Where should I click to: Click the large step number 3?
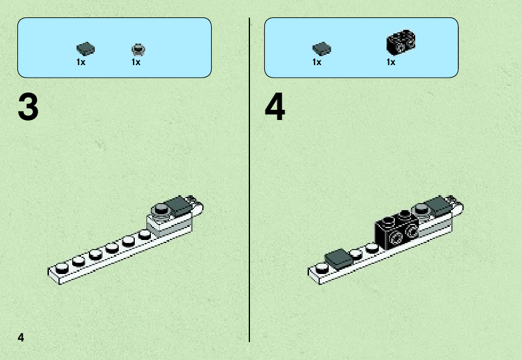click(x=28, y=107)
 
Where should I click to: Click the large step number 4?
click(x=275, y=107)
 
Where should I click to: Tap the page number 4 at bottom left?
click(x=21, y=337)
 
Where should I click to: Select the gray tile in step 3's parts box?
click(x=85, y=48)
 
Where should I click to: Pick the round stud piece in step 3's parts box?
click(x=138, y=50)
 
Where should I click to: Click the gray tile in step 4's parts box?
click(x=322, y=48)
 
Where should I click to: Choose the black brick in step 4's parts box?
click(x=401, y=42)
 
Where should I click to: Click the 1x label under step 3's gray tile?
click(x=81, y=62)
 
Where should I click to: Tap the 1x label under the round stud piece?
click(x=136, y=62)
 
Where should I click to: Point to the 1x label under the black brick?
click(x=391, y=62)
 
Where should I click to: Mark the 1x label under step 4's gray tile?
click(x=317, y=62)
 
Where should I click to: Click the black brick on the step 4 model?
click(x=397, y=230)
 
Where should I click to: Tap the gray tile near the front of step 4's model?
click(x=338, y=259)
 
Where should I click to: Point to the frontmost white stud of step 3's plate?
click(x=62, y=268)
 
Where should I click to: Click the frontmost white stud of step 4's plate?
click(x=322, y=268)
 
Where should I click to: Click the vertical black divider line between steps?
click(x=249, y=180)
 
